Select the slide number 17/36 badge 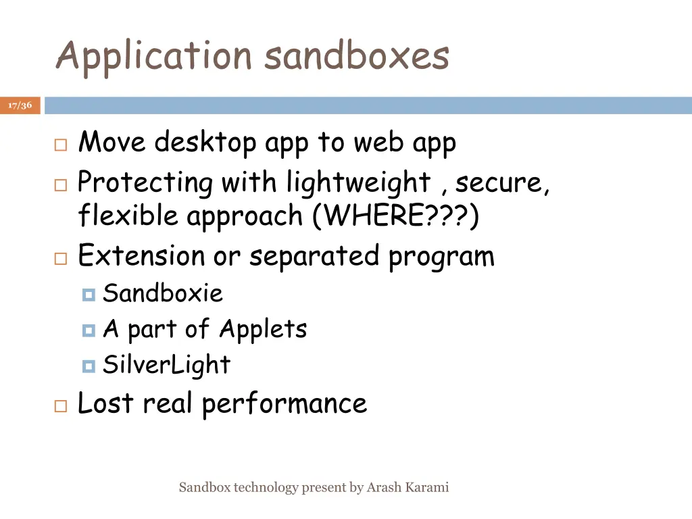tap(20, 105)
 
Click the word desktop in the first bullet tap(205, 143)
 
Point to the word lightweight tap(358, 183)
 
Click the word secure tap(503, 183)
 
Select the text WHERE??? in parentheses tap(396, 216)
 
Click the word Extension tap(141, 256)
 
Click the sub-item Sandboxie tap(162, 293)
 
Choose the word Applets tap(263, 329)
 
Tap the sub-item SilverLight tap(166, 365)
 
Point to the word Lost tap(105, 403)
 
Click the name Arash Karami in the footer tap(407, 487)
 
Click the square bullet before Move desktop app tap(60, 145)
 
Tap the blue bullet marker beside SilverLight tap(89, 366)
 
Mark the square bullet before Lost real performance tap(60, 405)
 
